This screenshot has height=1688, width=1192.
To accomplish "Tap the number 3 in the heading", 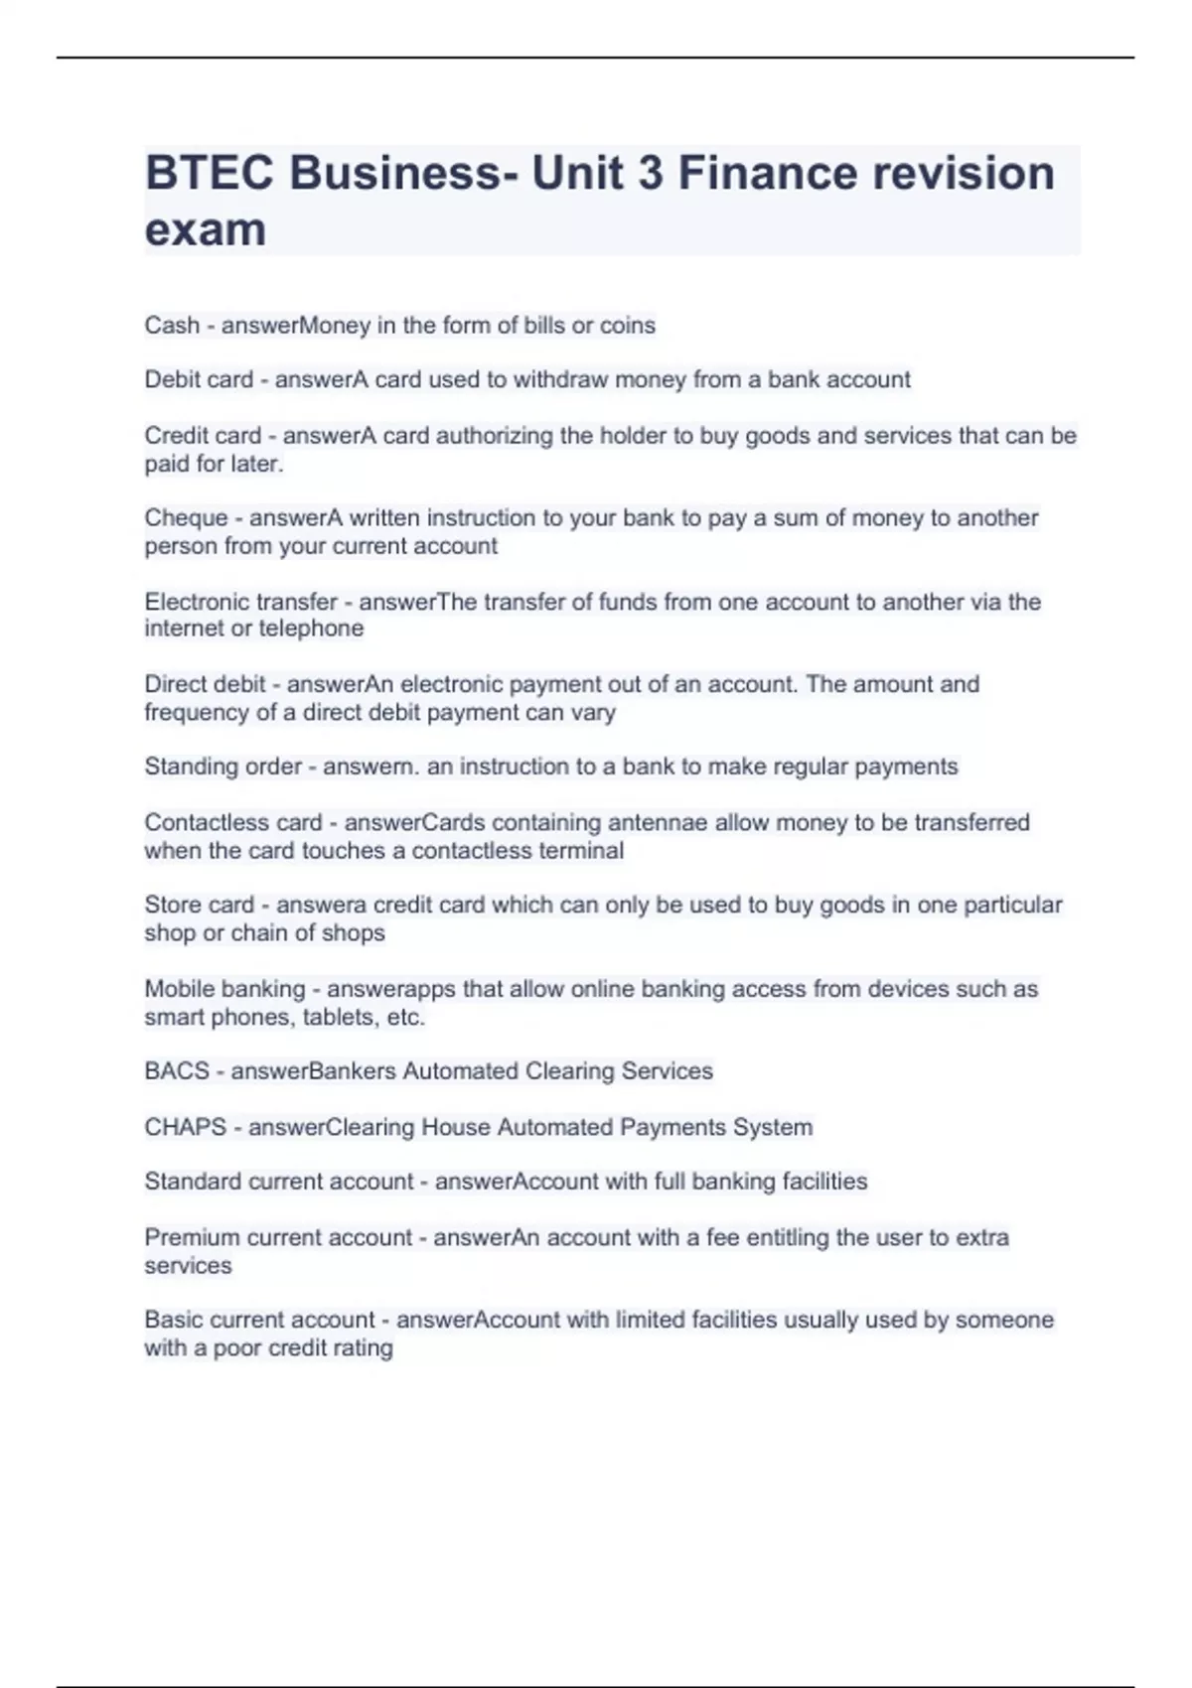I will point(650,174).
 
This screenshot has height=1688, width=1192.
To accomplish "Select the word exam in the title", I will point(206,230).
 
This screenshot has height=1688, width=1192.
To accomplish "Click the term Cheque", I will point(186,518).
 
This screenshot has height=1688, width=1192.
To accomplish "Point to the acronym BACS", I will point(177,1071).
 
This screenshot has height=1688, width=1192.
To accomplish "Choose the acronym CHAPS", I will point(185,1127).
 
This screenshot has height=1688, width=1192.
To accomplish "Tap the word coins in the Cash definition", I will point(627,326).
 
